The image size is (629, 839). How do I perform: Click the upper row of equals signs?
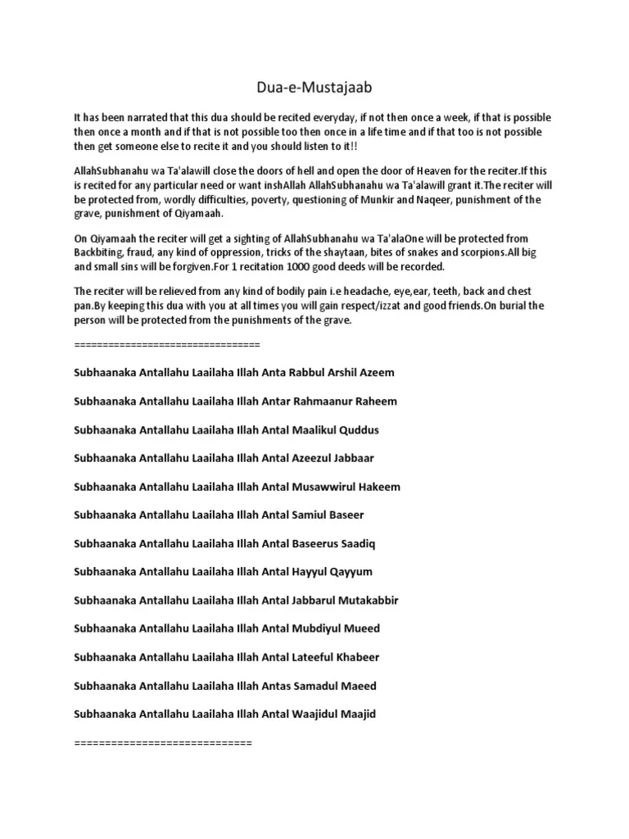click(x=166, y=344)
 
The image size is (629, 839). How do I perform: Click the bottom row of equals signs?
click(x=163, y=743)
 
